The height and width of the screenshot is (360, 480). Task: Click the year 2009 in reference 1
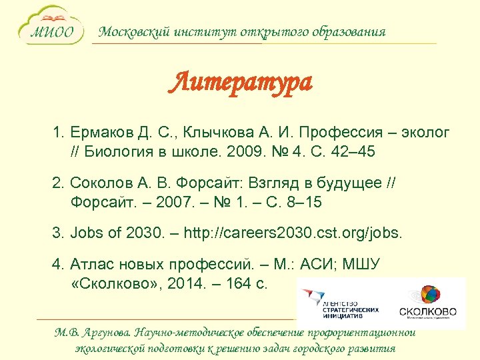click(x=239, y=153)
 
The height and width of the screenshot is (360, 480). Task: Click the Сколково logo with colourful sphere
click(x=427, y=302)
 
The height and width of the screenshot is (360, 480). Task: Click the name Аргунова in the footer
click(x=105, y=333)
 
